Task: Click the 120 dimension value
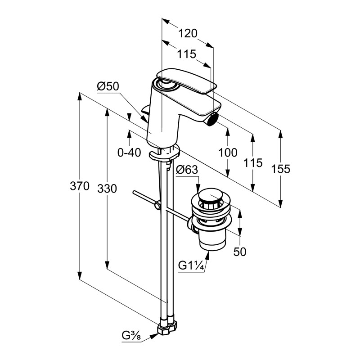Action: pos(188,34)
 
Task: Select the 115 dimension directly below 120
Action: pos(186,54)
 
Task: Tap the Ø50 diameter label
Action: pos(108,86)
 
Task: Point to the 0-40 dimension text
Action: pos(129,153)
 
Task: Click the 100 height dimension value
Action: pos(228,153)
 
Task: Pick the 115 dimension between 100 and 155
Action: pos(253,163)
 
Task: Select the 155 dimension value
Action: pos(281,169)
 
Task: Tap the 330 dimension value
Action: pos(107,189)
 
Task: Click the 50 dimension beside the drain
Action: pos(240,252)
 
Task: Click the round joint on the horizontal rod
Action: pos(157,206)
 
